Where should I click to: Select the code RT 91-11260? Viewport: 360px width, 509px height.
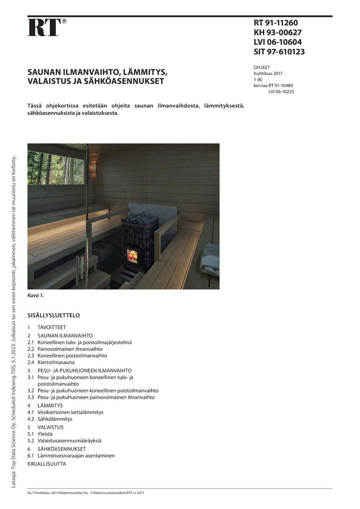pos(276,23)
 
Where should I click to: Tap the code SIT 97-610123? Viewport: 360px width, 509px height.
pos(279,52)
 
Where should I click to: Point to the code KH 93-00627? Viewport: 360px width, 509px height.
pos(277,33)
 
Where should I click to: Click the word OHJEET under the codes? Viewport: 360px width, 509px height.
pos(262,67)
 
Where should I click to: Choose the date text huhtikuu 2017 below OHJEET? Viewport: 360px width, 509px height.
pos(268,74)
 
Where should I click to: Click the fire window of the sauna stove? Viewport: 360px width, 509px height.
pos(132,256)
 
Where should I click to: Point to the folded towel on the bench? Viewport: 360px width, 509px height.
pos(210,260)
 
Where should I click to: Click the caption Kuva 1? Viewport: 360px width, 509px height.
pos(36,296)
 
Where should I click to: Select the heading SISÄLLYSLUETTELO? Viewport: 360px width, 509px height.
pos(54,315)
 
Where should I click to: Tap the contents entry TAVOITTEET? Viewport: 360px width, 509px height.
pos(52,327)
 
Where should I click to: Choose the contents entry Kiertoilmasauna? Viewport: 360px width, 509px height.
pos(56,362)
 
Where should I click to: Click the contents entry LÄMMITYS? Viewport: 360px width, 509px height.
pos(50,405)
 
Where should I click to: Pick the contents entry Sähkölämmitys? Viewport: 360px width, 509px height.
pos(55,419)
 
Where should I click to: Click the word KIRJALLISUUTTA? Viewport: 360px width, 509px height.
pos(47,464)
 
